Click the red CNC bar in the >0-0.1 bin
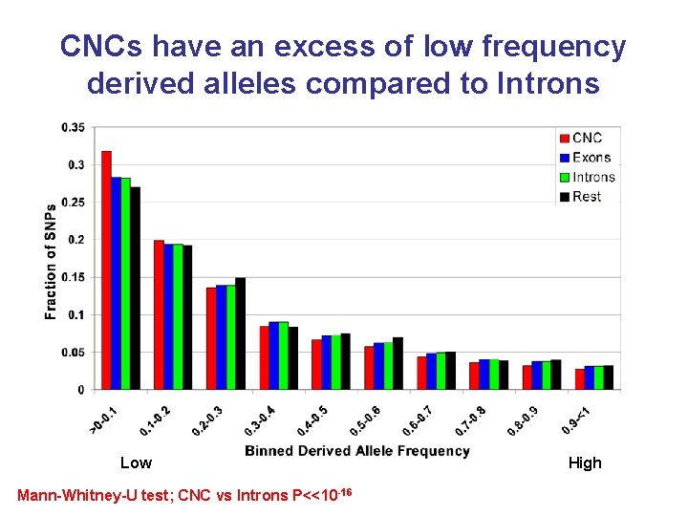pos(106,270)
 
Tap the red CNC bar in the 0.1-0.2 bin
pos(159,315)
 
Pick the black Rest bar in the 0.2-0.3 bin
pos(241,333)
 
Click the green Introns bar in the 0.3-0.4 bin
pos(284,355)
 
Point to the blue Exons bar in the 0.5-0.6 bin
pos(379,366)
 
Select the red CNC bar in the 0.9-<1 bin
pos(579,379)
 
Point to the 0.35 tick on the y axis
pos(73,127)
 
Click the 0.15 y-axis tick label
pos(73,277)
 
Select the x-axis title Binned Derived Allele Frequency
pos(356,451)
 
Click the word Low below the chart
pos(136,463)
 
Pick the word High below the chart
pos(585,463)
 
